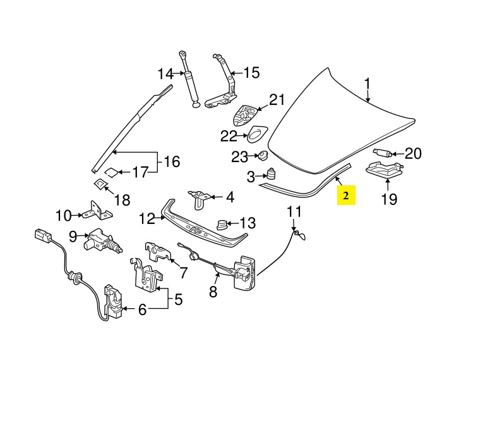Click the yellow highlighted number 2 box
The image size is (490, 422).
click(x=346, y=196)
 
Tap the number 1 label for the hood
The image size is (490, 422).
click(x=367, y=84)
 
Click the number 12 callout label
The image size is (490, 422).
click(x=146, y=219)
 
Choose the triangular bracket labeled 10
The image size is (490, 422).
click(x=97, y=209)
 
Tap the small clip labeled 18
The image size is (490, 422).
click(x=100, y=184)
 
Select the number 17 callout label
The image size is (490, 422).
click(x=140, y=171)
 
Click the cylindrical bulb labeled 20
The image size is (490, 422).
click(x=381, y=154)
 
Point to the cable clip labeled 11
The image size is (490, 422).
click(x=297, y=235)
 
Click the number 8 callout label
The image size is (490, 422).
click(x=213, y=292)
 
